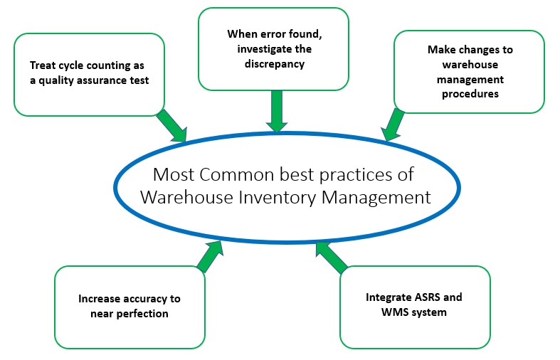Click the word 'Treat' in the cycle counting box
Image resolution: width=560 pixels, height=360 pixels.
pos(43,65)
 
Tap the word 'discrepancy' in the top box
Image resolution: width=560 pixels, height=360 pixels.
pos(275,64)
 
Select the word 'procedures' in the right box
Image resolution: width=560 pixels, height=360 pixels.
pos(470,95)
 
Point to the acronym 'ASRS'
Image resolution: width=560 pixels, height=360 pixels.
pos(427,297)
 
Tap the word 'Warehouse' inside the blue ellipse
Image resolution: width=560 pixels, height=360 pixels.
pos(187,198)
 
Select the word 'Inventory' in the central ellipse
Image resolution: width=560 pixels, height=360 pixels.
pos(277,198)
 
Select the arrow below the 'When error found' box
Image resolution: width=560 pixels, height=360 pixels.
pos(277,112)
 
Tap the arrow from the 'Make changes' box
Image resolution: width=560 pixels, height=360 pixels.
pos(393,125)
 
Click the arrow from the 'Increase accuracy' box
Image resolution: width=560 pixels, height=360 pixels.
pos(210,256)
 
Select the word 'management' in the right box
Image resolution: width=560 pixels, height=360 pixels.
pos(470,80)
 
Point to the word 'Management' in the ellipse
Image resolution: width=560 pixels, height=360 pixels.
pos(376,198)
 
